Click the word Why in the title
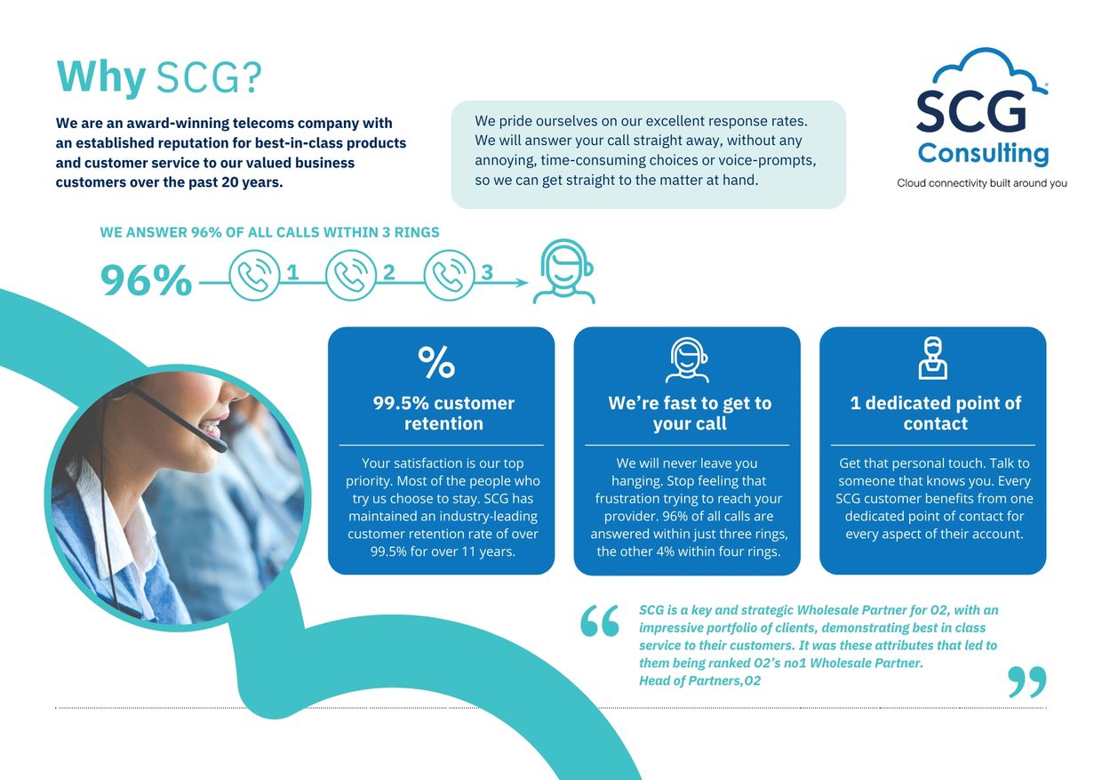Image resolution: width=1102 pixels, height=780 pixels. click(x=100, y=77)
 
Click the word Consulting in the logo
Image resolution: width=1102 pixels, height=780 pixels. click(x=984, y=154)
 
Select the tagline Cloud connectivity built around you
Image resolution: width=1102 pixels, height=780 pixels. click(x=982, y=183)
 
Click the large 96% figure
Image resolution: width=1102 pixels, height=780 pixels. click(x=146, y=280)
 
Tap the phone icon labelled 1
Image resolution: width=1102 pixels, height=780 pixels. click(x=254, y=275)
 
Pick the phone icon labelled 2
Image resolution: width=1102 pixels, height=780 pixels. click(x=351, y=275)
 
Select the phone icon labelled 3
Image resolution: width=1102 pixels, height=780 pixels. click(x=449, y=275)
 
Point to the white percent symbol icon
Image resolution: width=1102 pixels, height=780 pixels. click(x=436, y=362)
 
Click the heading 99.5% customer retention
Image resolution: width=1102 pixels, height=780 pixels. click(x=443, y=414)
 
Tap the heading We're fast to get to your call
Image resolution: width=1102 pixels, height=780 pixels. click(x=690, y=414)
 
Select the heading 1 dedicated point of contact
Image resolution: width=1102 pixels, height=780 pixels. click(x=935, y=414)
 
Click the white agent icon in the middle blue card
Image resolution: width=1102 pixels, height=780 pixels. click(x=687, y=360)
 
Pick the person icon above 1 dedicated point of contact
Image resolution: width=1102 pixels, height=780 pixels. click(x=933, y=358)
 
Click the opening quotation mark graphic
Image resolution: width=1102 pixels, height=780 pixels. click(x=600, y=621)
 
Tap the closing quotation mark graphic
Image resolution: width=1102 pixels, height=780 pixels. click(x=1026, y=682)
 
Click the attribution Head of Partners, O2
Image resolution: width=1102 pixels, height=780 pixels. click(x=699, y=681)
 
